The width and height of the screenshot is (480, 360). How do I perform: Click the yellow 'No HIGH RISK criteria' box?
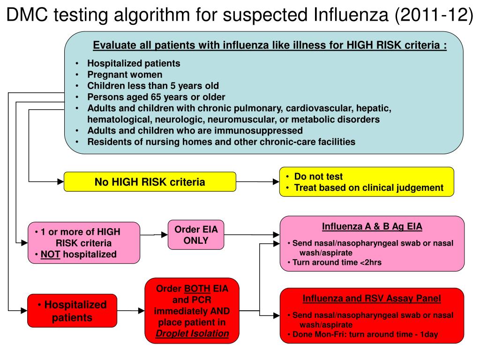click(x=150, y=182)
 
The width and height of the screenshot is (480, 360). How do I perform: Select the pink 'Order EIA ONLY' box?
click(x=189, y=235)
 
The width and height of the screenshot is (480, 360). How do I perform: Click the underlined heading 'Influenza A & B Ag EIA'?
click(x=372, y=227)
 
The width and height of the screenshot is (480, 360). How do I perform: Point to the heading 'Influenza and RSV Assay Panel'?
click(x=372, y=299)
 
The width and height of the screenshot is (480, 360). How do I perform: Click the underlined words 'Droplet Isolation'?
click(x=192, y=334)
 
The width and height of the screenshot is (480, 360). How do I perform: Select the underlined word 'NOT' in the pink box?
click(x=51, y=255)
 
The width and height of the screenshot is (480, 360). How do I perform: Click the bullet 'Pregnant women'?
click(x=125, y=75)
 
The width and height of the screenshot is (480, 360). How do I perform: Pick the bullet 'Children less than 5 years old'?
click(x=153, y=86)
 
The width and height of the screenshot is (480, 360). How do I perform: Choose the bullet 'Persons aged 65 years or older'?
click(x=156, y=97)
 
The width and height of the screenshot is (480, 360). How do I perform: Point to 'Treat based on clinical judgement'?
click(x=368, y=188)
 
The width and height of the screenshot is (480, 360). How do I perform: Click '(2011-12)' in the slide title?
click(x=434, y=15)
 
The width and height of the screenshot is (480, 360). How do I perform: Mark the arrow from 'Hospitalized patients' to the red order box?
click(x=131, y=310)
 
